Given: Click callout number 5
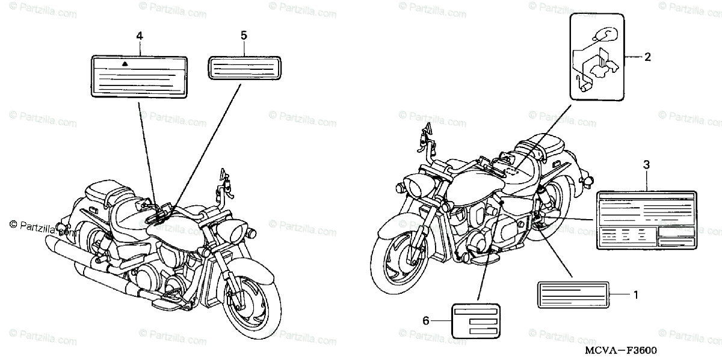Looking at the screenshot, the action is click(244, 36).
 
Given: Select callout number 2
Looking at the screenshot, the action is click(647, 58).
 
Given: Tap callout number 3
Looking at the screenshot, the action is click(646, 164).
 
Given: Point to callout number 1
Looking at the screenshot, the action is click(635, 295).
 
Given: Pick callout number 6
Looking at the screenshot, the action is click(426, 321).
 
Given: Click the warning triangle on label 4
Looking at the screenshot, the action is click(125, 63).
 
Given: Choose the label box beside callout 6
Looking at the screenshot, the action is click(476, 321).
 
